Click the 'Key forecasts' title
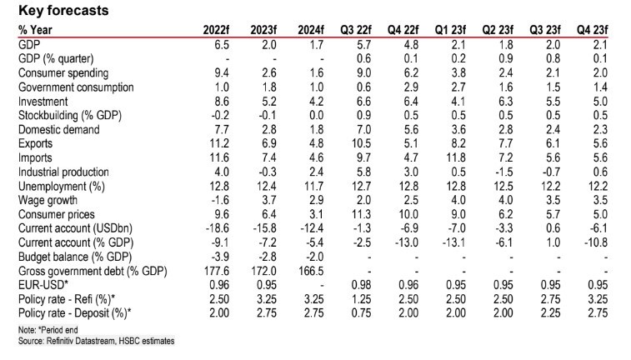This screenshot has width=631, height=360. click(x=63, y=11)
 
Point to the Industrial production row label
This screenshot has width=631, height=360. click(x=69, y=172)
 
